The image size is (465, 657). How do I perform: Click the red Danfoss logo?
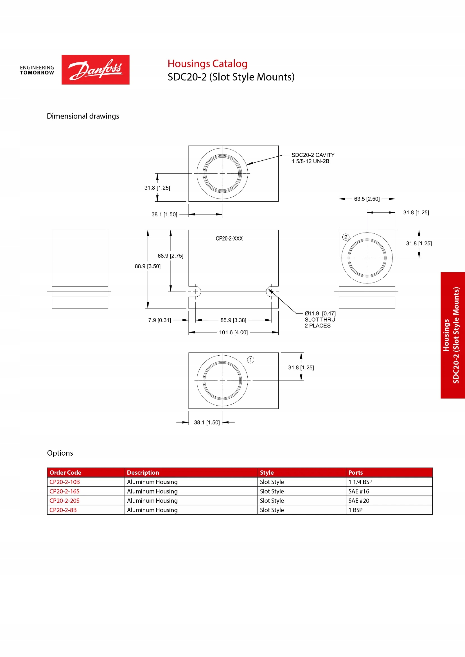tap(95, 70)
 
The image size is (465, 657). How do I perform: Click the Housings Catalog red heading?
tap(207, 63)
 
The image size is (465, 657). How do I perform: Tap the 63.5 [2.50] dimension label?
tap(367, 199)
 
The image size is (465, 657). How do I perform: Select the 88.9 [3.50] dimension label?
tap(148, 266)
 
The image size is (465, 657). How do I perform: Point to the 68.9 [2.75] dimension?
tap(170, 256)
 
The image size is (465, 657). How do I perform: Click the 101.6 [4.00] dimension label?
tap(233, 333)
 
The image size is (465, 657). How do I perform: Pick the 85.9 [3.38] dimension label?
tap(233, 320)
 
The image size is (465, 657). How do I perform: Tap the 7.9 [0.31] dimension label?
tap(159, 320)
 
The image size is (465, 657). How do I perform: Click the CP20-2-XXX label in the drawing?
tap(229, 239)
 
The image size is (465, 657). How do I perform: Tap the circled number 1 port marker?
tap(250, 360)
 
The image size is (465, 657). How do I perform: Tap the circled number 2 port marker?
tap(346, 237)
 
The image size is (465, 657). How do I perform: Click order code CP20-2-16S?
tap(64, 491)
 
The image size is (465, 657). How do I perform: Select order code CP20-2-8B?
tap(63, 510)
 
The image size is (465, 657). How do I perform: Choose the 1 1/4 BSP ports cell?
tap(360, 482)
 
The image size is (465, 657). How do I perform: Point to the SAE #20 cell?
tap(359, 501)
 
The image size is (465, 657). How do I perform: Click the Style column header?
tap(267, 472)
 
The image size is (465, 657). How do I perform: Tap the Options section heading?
tap(60, 453)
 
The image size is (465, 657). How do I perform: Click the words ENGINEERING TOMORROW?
tap(37, 70)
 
